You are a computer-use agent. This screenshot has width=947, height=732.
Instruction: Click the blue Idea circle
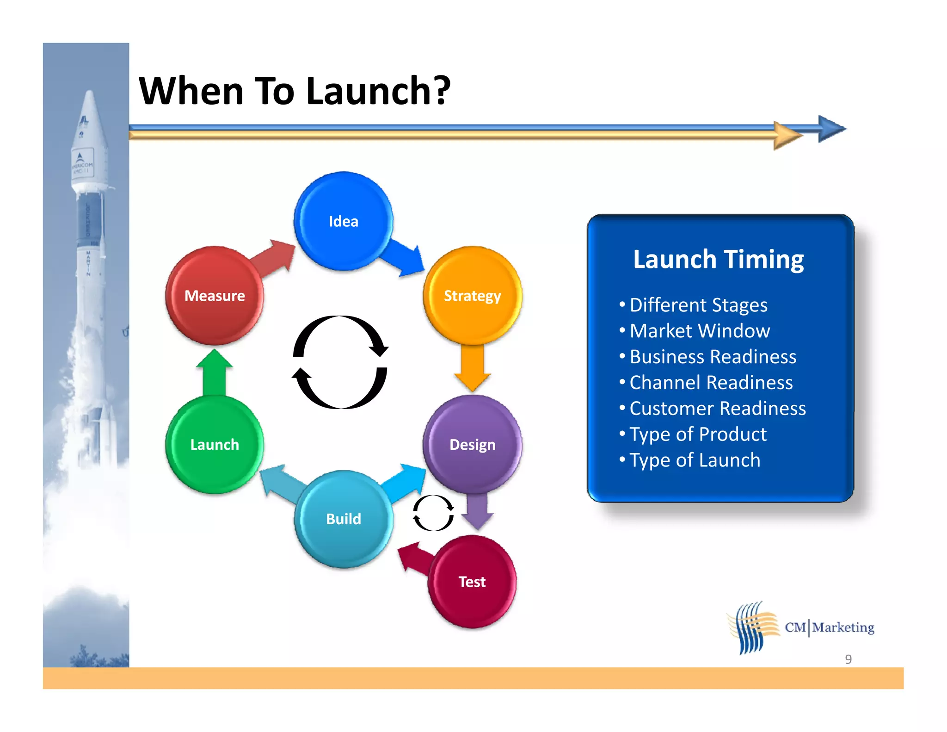point(343,221)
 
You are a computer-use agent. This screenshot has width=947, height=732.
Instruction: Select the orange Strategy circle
point(472,295)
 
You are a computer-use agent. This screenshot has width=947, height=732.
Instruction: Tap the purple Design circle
point(472,444)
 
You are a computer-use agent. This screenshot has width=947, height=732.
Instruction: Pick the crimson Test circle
point(472,582)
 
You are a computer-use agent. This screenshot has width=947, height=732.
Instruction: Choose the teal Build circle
point(343,519)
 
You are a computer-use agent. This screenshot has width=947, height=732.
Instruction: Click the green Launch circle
point(215,444)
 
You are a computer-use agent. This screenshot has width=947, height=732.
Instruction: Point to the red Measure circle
point(215,295)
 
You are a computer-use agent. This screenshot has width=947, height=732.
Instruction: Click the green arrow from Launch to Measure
point(215,372)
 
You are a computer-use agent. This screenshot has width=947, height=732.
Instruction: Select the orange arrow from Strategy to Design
point(472,368)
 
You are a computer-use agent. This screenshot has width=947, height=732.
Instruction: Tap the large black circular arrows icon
point(340,362)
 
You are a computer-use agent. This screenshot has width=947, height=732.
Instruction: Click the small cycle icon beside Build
point(433,513)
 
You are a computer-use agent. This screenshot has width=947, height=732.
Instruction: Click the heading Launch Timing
point(718,259)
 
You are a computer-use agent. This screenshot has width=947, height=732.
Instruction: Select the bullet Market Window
point(700,331)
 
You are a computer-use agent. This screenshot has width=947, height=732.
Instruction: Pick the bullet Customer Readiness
point(717,409)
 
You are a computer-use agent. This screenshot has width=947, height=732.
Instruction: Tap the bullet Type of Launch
point(695,460)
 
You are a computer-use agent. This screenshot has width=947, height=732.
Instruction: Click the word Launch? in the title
point(378,91)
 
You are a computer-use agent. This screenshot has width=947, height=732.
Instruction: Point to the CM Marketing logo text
point(830,627)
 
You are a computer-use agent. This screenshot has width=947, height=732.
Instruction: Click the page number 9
point(848,659)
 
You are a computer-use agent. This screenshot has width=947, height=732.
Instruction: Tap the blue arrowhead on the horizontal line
point(831,129)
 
